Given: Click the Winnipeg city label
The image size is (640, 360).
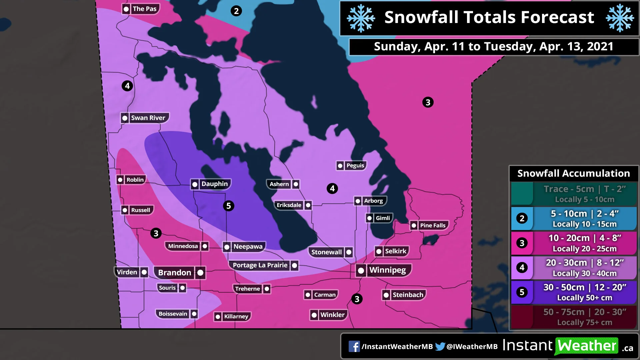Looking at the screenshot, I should click(387, 270).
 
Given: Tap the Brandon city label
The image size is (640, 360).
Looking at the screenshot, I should click(175, 273).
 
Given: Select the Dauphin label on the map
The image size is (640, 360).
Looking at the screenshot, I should click(214, 184).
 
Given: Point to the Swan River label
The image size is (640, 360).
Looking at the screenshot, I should click(148, 118).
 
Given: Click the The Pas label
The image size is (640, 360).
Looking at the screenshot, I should click(144, 9).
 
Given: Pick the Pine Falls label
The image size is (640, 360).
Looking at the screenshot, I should click(432, 226).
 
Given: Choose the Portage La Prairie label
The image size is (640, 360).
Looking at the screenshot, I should click(260, 265).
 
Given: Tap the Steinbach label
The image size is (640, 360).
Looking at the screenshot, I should click(408, 295).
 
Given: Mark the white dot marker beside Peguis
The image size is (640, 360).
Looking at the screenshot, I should click(340, 166).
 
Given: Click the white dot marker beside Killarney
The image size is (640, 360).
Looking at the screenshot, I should click(218, 317).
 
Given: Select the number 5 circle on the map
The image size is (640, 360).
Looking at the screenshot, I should click(228, 206).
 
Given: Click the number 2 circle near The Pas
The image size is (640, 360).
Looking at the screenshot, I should click(236, 11).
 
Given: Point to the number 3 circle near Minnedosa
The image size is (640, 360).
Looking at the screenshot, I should click(156, 233).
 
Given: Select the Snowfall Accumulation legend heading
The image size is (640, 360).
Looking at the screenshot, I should click(573, 174).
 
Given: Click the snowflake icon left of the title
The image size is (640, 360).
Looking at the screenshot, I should click(361, 18).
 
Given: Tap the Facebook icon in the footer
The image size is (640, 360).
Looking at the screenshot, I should click(354, 347).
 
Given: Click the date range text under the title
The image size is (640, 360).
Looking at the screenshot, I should click(493, 47).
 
